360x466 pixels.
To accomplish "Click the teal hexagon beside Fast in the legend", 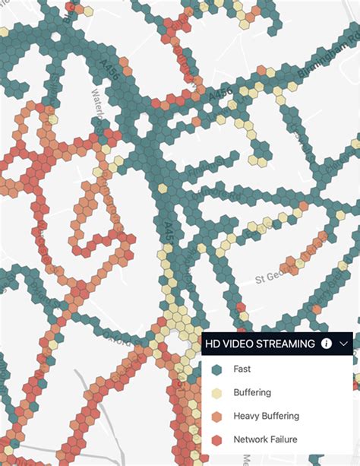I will click(216, 369).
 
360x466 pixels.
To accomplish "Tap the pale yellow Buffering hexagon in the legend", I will click(216, 393).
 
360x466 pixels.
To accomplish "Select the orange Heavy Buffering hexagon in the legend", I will click(216, 416).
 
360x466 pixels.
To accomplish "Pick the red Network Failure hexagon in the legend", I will click(216, 439).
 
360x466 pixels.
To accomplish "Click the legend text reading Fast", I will click(242, 369).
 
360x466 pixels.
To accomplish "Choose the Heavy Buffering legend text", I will click(267, 416).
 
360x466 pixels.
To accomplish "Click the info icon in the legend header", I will click(327, 344).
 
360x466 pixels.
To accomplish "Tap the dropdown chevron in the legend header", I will click(343, 344).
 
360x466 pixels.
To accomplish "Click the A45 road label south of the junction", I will click(169, 233).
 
